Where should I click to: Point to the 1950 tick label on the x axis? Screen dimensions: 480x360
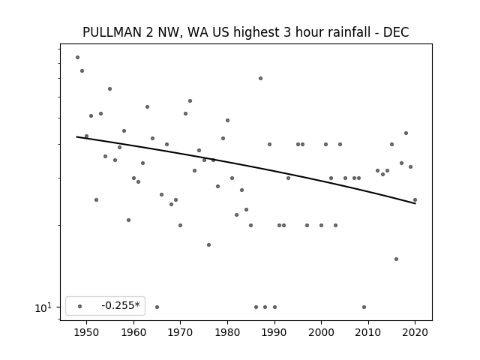(x=87, y=332)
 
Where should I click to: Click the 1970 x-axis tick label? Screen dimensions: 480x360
(x=180, y=332)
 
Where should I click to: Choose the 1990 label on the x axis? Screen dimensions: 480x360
(x=274, y=332)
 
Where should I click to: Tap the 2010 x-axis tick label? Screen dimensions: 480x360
(x=368, y=332)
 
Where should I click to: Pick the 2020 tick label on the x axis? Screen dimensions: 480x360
(x=415, y=332)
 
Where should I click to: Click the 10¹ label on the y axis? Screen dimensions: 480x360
(x=43, y=307)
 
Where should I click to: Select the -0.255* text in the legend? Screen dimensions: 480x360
(x=121, y=305)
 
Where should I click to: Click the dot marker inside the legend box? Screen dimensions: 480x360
(x=79, y=306)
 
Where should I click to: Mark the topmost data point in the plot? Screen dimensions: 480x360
(x=77, y=57)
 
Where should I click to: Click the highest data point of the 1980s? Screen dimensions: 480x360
(x=260, y=78)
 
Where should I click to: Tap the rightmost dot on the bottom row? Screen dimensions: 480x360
(x=364, y=307)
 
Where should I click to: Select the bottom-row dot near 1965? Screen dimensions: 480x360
(x=157, y=307)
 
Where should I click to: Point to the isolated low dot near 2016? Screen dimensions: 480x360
(x=397, y=259)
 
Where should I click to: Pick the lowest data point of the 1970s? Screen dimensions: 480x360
(x=208, y=245)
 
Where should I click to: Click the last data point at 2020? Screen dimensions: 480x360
(x=415, y=200)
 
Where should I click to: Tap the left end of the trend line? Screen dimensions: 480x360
(x=76, y=136)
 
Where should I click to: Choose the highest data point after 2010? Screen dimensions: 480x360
(x=406, y=133)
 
